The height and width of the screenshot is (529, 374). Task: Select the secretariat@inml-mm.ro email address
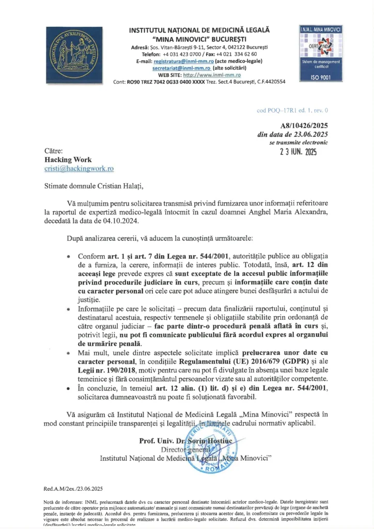click(x=181, y=68)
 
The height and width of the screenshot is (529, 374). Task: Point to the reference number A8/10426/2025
click(x=304, y=126)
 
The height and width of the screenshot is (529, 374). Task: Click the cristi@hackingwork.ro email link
click(x=79, y=168)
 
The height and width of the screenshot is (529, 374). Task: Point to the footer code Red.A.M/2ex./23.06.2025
click(x=73, y=489)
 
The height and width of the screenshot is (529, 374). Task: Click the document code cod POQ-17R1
click(x=292, y=110)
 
